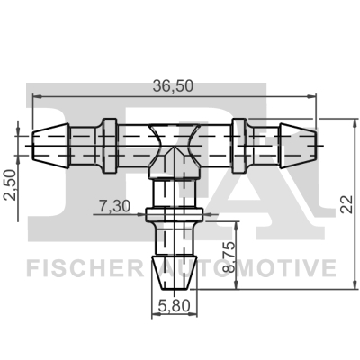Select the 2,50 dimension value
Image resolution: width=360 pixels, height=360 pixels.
click(8, 184)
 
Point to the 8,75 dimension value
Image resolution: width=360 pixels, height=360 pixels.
click(229, 256)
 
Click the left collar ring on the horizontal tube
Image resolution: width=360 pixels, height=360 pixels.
click(108, 142)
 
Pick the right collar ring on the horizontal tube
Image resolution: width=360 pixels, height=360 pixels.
click(239, 142)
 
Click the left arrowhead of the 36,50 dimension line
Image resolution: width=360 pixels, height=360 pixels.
click(32, 96)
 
